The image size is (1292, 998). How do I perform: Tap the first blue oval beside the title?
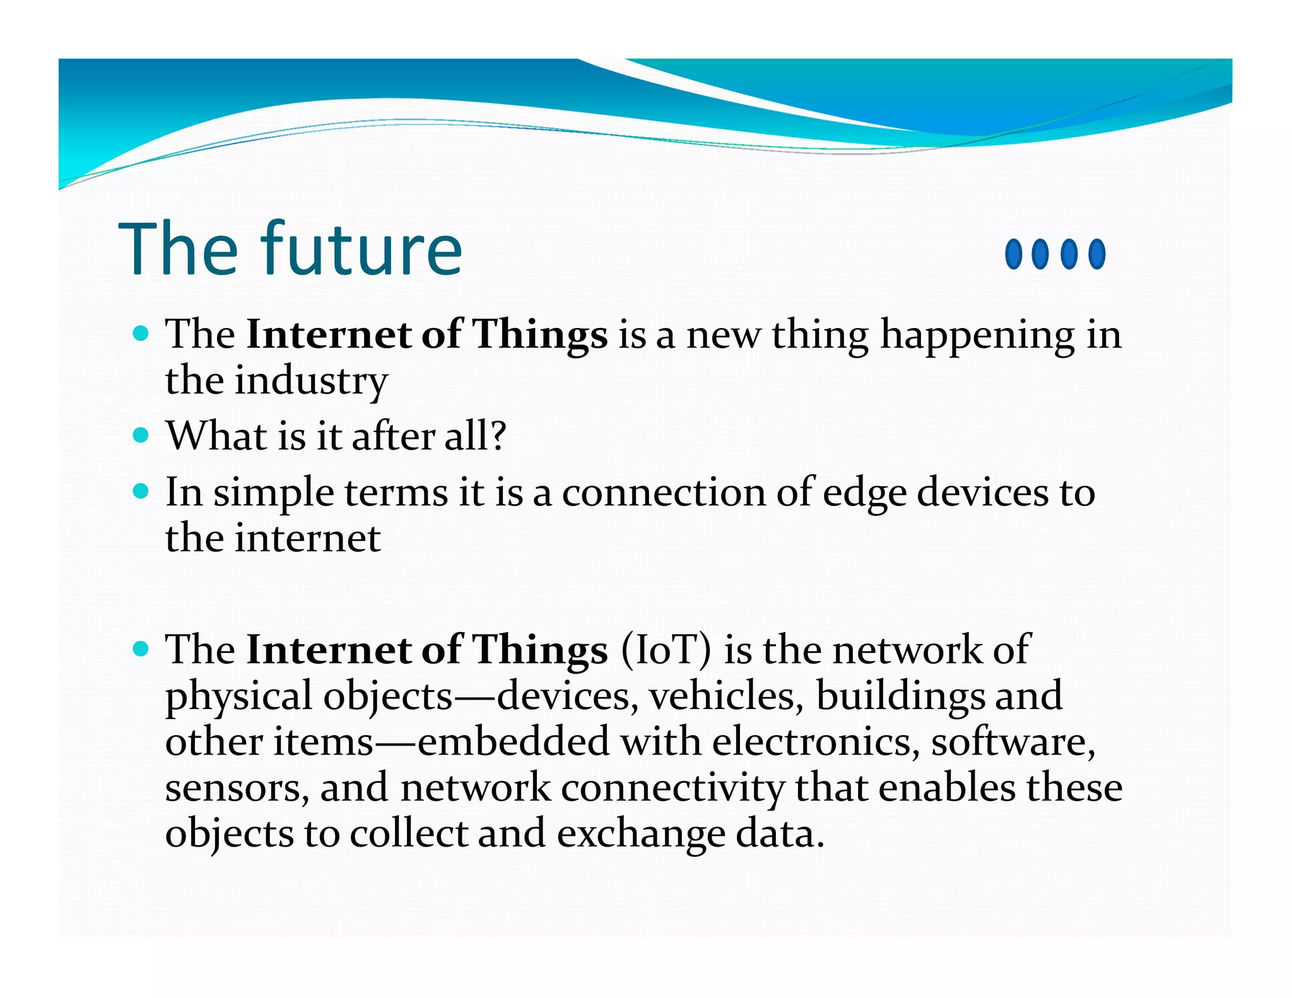point(1013,254)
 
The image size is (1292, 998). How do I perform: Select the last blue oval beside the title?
point(1097,254)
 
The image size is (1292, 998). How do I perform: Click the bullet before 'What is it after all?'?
point(141,435)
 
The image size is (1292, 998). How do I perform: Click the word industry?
point(311,381)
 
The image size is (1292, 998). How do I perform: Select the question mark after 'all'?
point(498,435)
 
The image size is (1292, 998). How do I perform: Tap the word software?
point(1013,741)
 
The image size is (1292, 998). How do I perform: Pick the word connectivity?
point(672,788)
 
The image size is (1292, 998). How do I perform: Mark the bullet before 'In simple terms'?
point(141,491)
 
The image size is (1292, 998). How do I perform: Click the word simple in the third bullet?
point(273,493)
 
